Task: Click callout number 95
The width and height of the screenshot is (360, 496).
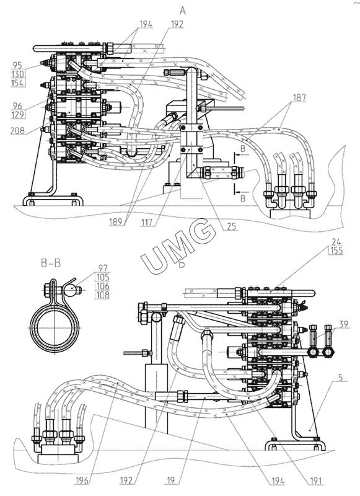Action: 17,65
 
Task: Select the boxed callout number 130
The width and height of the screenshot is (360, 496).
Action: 18,74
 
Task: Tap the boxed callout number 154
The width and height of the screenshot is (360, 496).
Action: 18,83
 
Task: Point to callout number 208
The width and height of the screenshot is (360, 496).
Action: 18,130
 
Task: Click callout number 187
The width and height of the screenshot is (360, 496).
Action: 299,98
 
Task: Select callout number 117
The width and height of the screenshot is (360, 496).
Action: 147,223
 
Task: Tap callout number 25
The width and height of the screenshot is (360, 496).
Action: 232,226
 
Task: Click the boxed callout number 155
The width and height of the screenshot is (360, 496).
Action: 336,251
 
